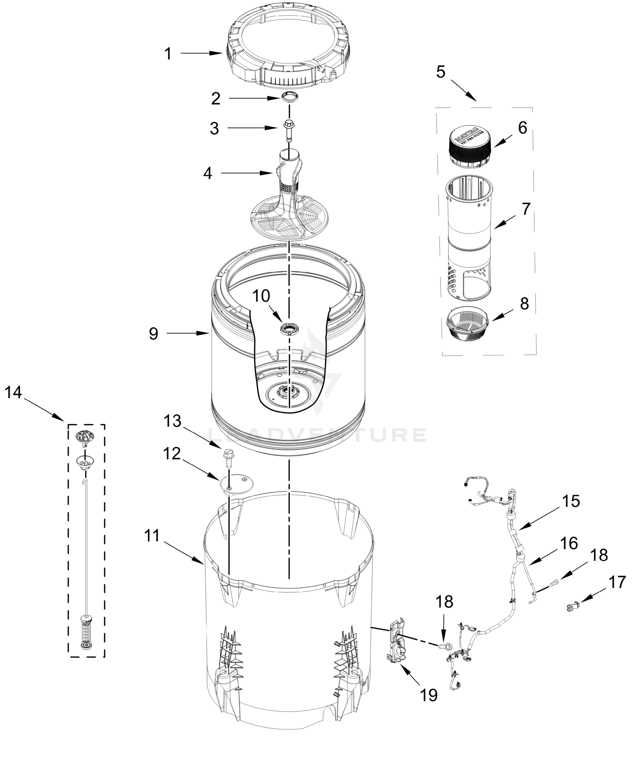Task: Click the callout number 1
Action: [168, 54]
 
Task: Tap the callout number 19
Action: [429, 695]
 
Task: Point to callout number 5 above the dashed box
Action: [441, 72]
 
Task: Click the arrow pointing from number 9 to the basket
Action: [187, 333]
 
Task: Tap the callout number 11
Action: [152, 536]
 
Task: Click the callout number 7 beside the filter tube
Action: [526, 209]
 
